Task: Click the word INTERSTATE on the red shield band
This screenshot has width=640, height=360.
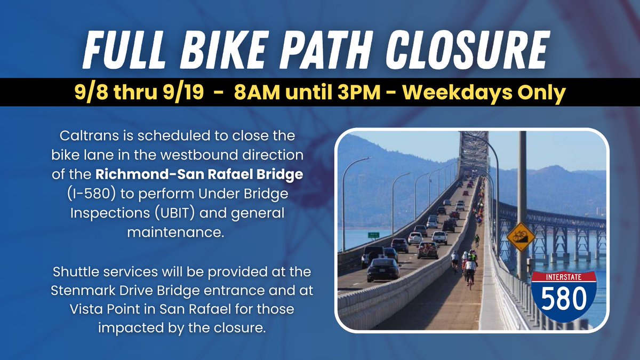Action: (x=565, y=277)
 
